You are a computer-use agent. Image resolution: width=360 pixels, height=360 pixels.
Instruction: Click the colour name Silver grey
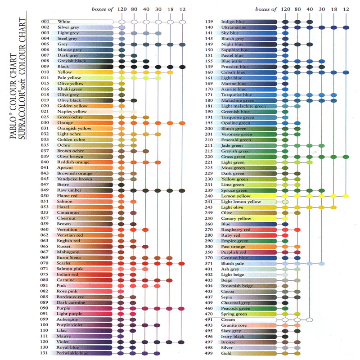coord(68,27)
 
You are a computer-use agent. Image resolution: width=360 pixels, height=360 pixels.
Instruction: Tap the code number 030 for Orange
coord(45,123)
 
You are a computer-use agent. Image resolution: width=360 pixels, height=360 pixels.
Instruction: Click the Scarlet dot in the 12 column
coord(181,263)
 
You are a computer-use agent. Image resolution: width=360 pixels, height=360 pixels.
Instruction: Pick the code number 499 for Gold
coord(209,354)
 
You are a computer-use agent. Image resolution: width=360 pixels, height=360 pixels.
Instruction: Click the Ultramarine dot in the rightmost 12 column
coord(346,27)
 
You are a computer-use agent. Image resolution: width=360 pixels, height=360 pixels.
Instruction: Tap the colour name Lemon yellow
coord(236,196)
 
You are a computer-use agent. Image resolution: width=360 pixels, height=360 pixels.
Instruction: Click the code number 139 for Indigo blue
coord(209,22)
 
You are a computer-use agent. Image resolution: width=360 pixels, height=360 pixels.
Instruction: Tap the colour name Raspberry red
coord(236,229)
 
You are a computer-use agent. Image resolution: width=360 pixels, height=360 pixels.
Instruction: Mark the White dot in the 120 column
coord(122,22)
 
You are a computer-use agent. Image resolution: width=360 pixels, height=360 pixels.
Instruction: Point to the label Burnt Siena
coord(70,258)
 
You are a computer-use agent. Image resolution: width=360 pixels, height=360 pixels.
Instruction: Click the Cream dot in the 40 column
coord(309,320)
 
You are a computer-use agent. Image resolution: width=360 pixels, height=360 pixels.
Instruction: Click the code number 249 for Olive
coord(209,213)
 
